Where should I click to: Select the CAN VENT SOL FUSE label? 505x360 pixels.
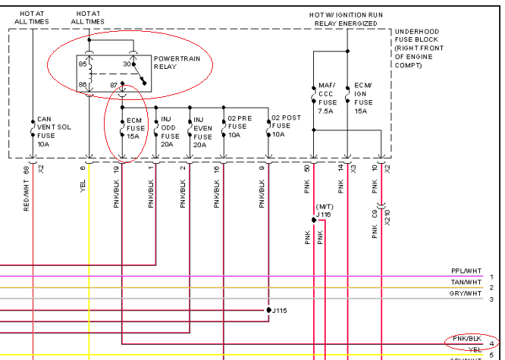(x=53, y=130)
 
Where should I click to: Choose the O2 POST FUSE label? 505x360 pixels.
(x=285, y=125)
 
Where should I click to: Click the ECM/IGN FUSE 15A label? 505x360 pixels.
(x=363, y=98)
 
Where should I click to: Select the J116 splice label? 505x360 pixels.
(x=324, y=214)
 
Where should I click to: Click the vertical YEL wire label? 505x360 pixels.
(x=83, y=182)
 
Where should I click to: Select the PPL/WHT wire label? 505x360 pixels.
(x=465, y=271)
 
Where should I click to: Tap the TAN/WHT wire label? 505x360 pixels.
(x=465, y=281)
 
